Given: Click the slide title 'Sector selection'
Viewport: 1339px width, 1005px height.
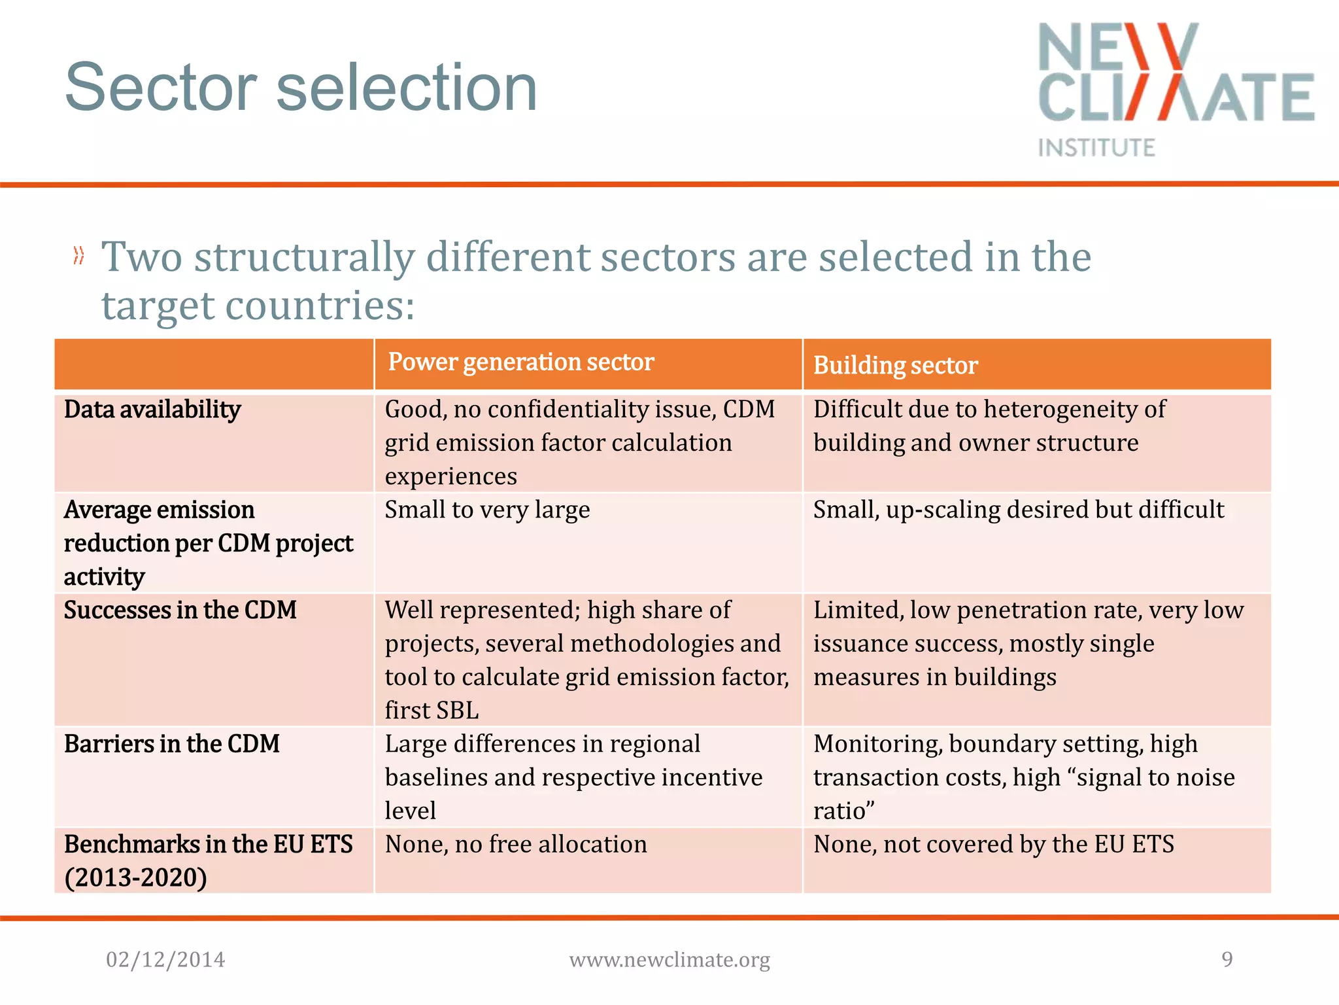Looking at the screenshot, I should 301,88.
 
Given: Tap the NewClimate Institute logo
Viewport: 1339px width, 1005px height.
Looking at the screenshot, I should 1176,88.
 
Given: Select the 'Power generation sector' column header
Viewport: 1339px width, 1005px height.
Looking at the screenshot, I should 520,362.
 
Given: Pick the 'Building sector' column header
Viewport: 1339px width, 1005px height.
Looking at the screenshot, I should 895,365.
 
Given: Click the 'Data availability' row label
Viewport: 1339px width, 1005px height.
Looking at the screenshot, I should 152,410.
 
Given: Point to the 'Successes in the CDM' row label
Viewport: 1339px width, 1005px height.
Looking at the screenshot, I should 180,610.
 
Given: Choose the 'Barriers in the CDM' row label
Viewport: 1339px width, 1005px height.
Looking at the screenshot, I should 171,744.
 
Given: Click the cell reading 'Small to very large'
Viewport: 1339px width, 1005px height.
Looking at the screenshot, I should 487,510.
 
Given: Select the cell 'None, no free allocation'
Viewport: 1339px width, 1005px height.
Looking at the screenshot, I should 516,844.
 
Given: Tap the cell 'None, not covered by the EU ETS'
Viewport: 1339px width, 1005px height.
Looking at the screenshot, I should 993,844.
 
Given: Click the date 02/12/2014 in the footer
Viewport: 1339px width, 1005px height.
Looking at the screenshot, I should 165,960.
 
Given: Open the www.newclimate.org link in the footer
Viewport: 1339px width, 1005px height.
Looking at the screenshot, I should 669,960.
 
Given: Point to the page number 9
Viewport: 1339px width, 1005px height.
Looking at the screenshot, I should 1227,959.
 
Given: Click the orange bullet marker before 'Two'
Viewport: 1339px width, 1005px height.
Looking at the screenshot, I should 79,256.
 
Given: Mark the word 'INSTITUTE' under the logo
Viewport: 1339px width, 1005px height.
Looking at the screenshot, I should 1096,148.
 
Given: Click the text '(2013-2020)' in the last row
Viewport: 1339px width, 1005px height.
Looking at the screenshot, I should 135,878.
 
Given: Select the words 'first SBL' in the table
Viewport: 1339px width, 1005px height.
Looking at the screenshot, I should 432,711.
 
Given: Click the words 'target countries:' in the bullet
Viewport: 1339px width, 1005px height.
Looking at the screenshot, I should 258,306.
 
